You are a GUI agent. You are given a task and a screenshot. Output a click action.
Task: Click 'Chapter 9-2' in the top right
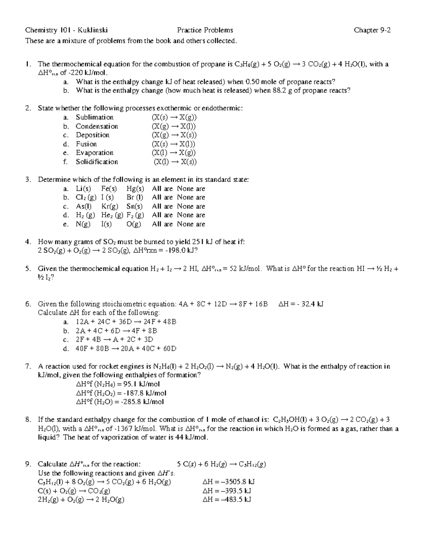[x=372, y=30]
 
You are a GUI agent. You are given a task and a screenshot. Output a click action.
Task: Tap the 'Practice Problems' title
[x=205, y=30]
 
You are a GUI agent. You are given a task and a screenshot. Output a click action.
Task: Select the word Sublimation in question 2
[x=95, y=117]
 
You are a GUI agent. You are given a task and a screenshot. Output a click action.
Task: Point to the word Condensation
[x=97, y=126]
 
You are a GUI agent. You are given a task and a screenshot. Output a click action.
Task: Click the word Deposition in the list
[x=92, y=135]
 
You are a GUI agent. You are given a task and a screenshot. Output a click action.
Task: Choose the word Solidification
[x=97, y=162]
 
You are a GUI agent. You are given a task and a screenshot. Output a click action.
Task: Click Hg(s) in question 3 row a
[x=135, y=189]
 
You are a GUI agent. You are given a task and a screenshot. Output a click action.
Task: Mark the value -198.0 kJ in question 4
[x=178, y=251]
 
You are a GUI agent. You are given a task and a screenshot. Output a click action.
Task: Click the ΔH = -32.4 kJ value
[x=301, y=304]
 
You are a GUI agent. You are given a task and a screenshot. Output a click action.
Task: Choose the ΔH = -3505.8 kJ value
[x=229, y=482]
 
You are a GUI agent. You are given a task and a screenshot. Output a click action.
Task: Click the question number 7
[x=28, y=366]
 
